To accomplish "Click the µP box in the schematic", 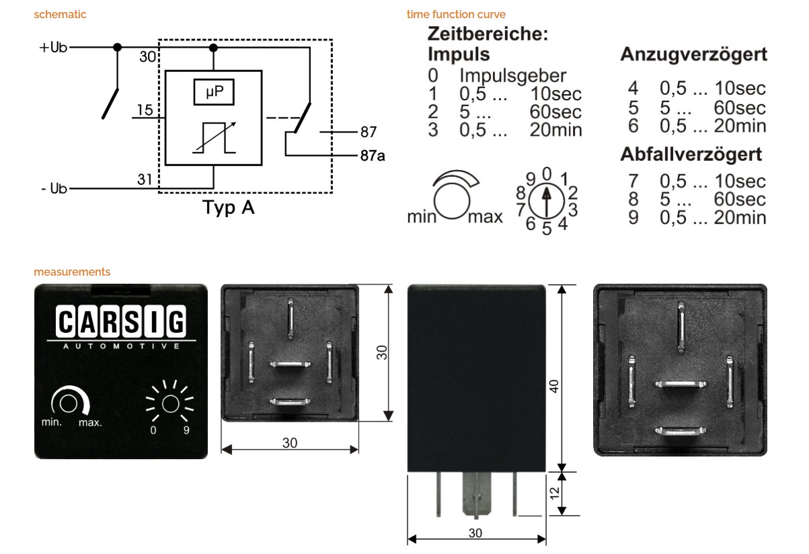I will [214, 92].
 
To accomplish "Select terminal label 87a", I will [373, 156].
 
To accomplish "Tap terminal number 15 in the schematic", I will [145, 110].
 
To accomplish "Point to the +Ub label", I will [54, 48].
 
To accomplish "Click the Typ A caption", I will [229, 208].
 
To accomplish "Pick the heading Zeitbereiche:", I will [488, 34].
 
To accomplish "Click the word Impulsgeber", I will [512, 75].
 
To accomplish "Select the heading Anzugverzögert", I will [693, 55].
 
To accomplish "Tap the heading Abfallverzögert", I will [691, 155].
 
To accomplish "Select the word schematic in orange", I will [60, 14].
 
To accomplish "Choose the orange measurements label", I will [72, 272].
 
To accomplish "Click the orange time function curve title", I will [456, 14].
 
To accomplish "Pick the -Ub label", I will [54, 189].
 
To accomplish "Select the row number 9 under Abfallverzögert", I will [633, 217].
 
